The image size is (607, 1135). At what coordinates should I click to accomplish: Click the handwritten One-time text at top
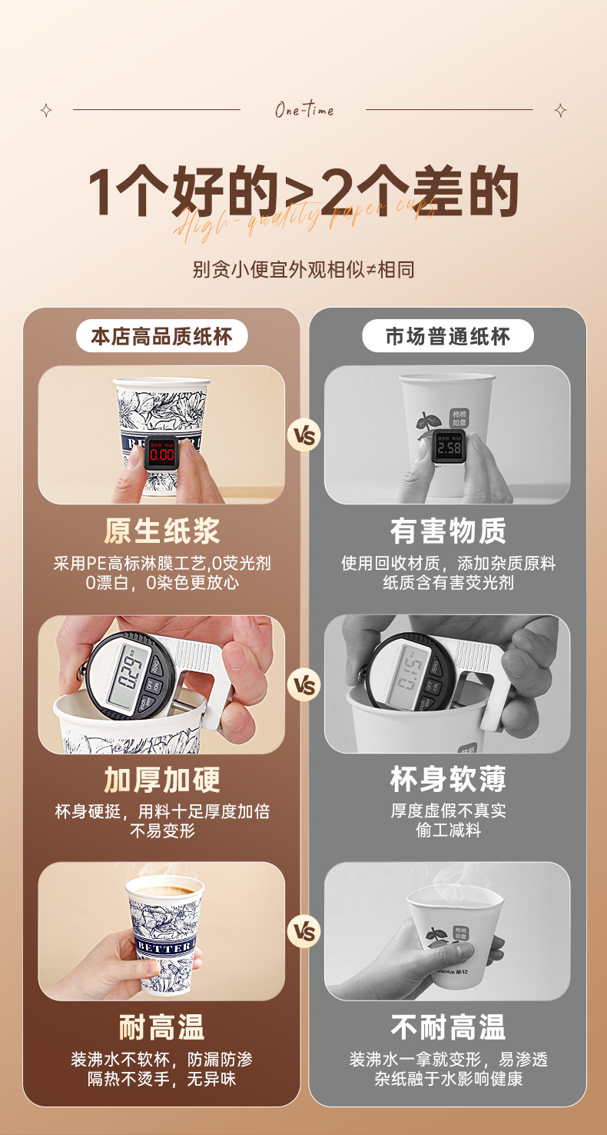pos(304,110)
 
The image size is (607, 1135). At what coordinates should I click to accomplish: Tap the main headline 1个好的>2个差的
pos(303,192)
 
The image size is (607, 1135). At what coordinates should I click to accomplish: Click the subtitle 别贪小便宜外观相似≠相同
pos(303,270)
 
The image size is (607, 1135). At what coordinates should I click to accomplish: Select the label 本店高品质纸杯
pos(161,336)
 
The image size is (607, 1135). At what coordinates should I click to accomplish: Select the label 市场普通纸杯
pos(447,336)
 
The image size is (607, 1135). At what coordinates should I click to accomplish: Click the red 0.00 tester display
pos(161,454)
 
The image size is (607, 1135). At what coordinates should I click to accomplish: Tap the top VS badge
pos(304,436)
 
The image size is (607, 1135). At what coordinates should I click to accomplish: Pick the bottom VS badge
pos(304,932)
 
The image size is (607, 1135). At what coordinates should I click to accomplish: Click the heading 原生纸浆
pos(161,531)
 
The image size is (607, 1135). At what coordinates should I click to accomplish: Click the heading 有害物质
pos(447,531)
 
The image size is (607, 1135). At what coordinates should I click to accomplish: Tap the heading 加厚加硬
pos(161,780)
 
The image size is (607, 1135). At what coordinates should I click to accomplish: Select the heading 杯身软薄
pos(447,780)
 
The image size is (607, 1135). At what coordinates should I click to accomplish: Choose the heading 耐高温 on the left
pos(161,1027)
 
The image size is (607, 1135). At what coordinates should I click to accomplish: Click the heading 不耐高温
pos(447,1027)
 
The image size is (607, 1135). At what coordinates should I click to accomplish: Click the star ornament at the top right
pos(560,110)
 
